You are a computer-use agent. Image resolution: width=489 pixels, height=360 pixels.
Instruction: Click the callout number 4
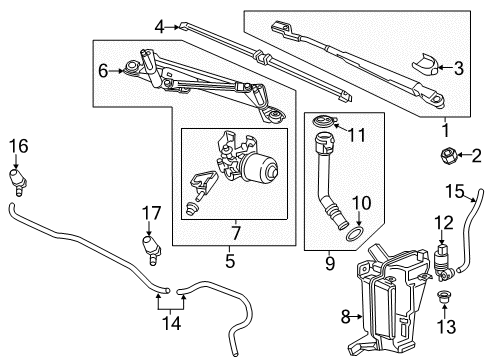[160, 27]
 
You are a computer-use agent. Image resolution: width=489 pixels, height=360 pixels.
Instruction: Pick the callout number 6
[101, 70]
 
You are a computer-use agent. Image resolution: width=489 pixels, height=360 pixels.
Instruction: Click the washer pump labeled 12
[440, 262]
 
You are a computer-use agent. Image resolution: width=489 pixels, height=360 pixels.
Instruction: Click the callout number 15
[454, 190]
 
